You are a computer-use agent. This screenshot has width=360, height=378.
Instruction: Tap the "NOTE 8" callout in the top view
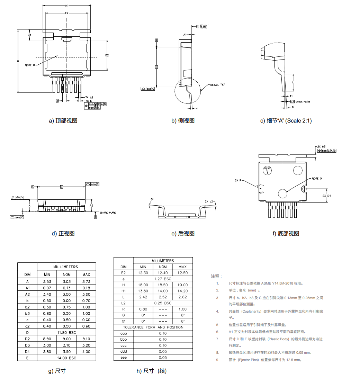(x=30, y=65)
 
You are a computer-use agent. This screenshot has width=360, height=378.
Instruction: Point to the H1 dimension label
(x=67, y=6)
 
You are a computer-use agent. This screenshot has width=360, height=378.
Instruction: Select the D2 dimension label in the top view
(x=107, y=55)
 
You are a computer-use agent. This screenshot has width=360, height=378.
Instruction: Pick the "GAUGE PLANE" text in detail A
(x=303, y=102)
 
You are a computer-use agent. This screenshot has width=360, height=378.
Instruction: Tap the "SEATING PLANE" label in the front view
(x=108, y=213)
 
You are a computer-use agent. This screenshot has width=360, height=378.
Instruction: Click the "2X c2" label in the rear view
(x=209, y=201)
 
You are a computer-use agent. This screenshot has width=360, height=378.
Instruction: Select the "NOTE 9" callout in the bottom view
(x=316, y=179)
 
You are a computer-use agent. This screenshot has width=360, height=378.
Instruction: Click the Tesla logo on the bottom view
(x=267, y=170)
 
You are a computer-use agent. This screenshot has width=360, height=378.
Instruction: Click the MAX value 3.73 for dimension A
(x=86, y=281)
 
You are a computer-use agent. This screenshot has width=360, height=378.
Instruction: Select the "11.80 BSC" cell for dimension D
(x=66, y=332)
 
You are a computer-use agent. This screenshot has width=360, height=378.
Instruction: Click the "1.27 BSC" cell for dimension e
(x=163, y=278)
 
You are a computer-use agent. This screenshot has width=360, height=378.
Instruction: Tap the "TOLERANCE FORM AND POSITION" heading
(x=153, y=327)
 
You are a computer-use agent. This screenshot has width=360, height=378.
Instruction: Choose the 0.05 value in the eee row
(x=163, y=358)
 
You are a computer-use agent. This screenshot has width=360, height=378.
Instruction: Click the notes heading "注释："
(x=217, y=276)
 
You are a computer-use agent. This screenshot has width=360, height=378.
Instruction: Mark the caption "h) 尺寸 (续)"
(x=151, y=371)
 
